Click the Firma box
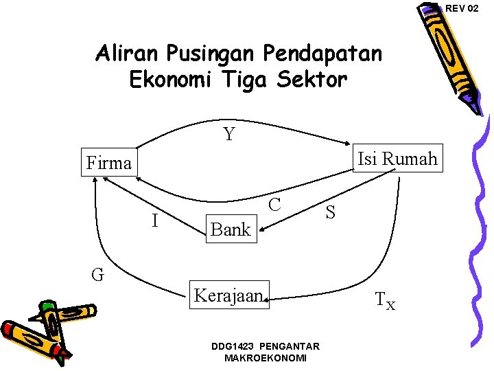tap(108, 163)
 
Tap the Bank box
tap(231, 229)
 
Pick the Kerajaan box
tap(229, 295)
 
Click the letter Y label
tap(229, 134)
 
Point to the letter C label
tap(275, 204)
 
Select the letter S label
tap(331, 213)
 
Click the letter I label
tap(155, 221)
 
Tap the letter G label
tap(98, 275)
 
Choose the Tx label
tap(385, 300)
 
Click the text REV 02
tap(462, 8)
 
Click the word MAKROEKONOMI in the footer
tap(266, 358)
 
